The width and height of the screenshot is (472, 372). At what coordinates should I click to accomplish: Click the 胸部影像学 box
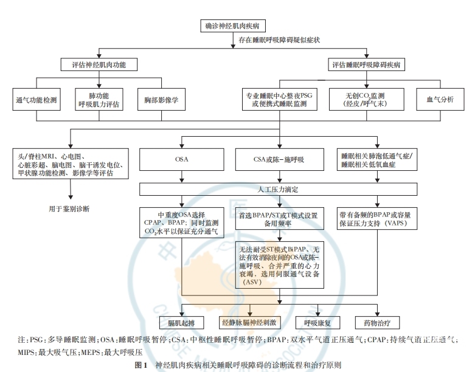point(158,99)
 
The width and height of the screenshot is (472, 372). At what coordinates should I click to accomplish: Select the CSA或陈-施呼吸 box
point(279,160)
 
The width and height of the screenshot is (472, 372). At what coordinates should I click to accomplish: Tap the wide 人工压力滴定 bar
point(279,190)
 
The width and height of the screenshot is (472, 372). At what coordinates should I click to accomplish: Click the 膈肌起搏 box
point(176,320)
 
